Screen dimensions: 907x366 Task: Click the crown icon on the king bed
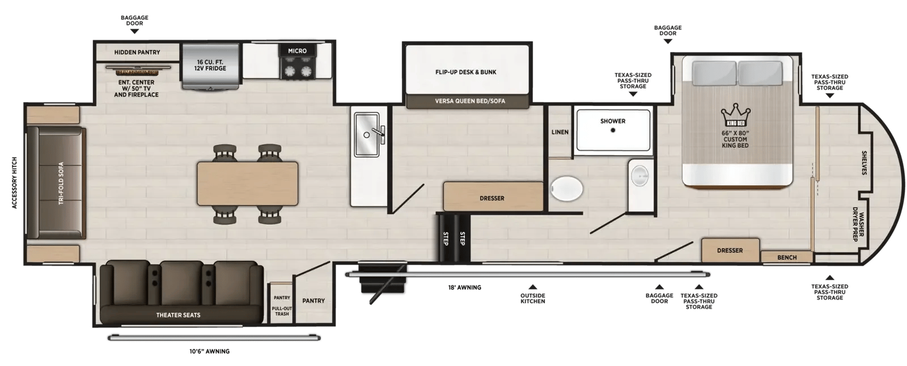coord(735,115)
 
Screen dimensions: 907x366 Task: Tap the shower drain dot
coord(613,130)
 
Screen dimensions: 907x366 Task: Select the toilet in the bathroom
coord(567,188)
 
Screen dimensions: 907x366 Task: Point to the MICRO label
coord(297,51)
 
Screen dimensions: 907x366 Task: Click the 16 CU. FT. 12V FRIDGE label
coord(210,65)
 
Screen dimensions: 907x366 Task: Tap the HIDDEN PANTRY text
coord(137,52)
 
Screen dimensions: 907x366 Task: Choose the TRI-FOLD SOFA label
coord(61,183)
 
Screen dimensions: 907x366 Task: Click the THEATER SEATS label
coord(178,315)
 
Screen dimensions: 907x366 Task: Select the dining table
coord(247,184)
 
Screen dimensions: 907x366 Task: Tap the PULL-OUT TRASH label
coord(282,311)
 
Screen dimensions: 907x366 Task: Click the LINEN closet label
coord(560,132)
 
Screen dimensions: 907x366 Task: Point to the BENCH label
coord(787,257)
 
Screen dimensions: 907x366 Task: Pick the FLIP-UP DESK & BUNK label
coord(465,72)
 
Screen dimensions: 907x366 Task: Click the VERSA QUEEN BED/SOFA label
coord(470,101)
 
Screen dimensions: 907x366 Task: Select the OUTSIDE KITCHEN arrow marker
coord(533,287)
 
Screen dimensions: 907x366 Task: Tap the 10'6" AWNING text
coord(209,351)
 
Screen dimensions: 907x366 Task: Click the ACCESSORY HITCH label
coord(15,182)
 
